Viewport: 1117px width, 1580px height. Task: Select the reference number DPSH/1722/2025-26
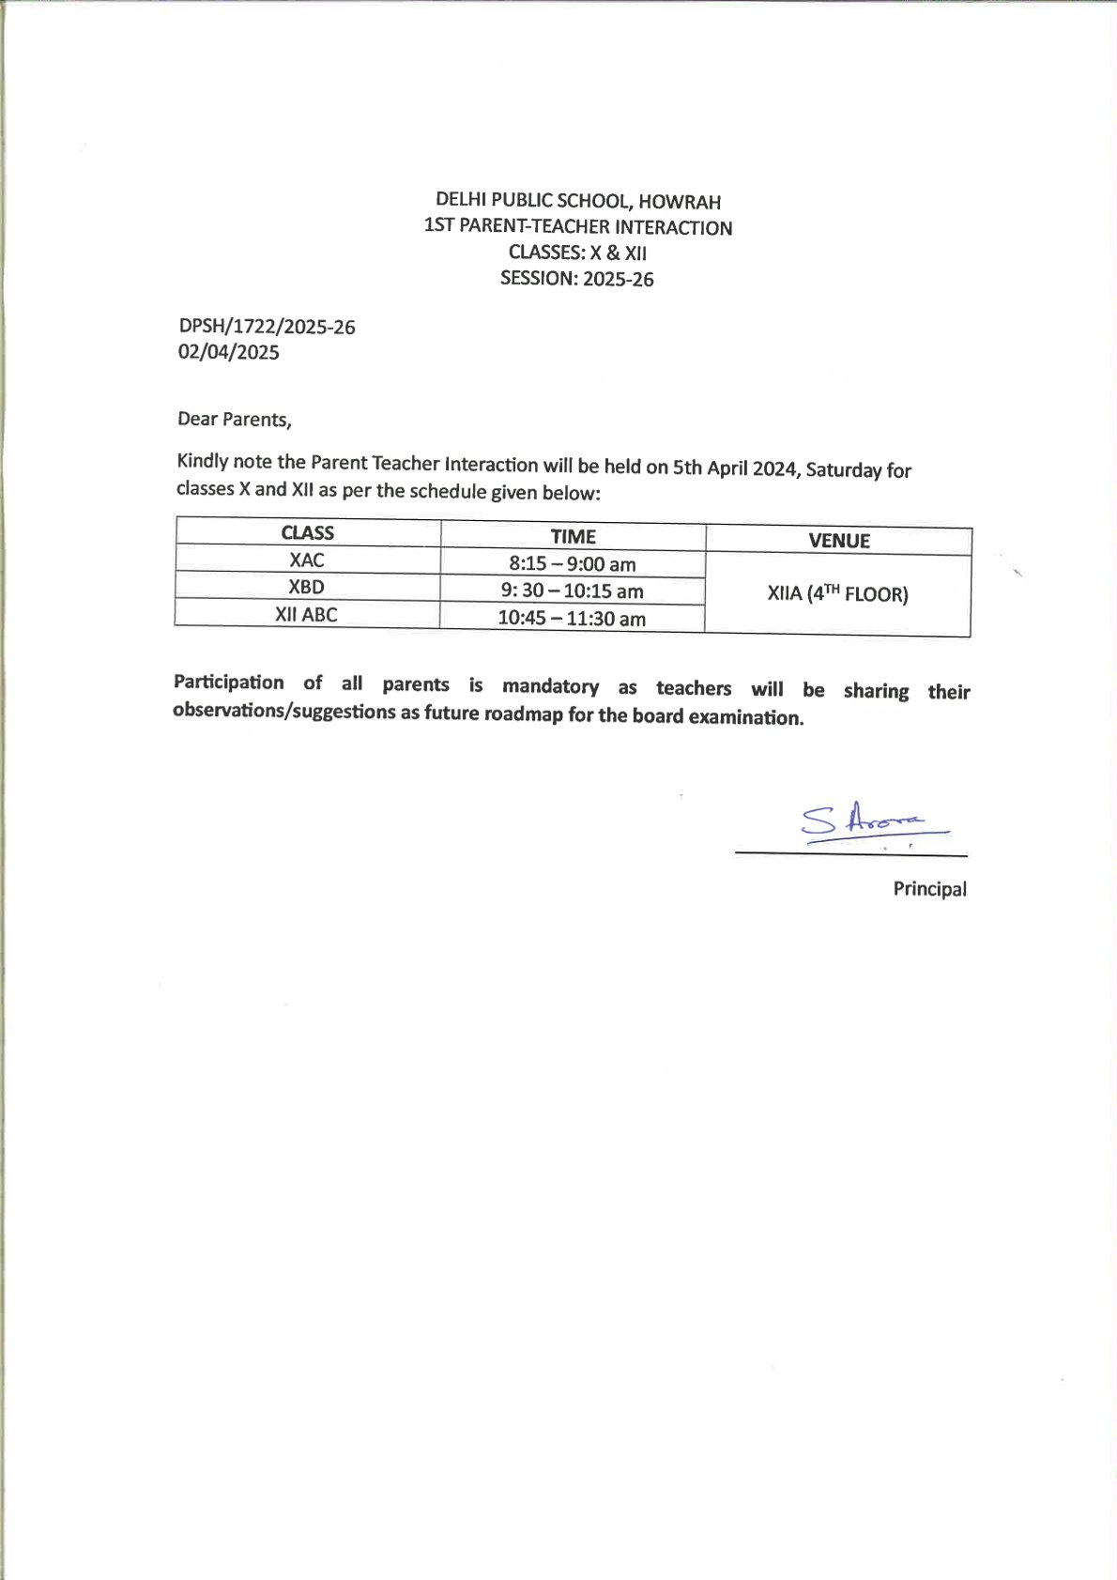click(267, 327)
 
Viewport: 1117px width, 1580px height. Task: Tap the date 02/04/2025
click(229, 352)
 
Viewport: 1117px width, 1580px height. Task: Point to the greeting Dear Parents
click(235, 419)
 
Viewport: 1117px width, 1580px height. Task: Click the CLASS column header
click(308, 532)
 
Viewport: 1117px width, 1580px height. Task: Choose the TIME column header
click(573, 536)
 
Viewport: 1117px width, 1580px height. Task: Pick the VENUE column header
click(839, 541)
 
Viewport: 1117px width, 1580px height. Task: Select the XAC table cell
click(307, 560)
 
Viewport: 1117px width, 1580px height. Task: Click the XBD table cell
click(306, 587)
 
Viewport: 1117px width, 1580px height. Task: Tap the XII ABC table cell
click(306, 615)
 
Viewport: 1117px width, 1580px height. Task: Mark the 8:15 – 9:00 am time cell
click(573, 564)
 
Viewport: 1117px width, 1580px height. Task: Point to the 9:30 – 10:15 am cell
click(572, 591)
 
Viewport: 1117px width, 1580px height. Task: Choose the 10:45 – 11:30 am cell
click(572, 619)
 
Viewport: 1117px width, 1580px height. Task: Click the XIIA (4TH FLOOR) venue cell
click(837, 594)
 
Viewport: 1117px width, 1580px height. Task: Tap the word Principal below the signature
click(929, 889)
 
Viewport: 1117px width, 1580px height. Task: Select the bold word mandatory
click(550, 686)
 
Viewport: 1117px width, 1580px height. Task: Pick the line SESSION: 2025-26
click(576, 279)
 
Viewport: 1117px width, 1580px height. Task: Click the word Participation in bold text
click(228, 683)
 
